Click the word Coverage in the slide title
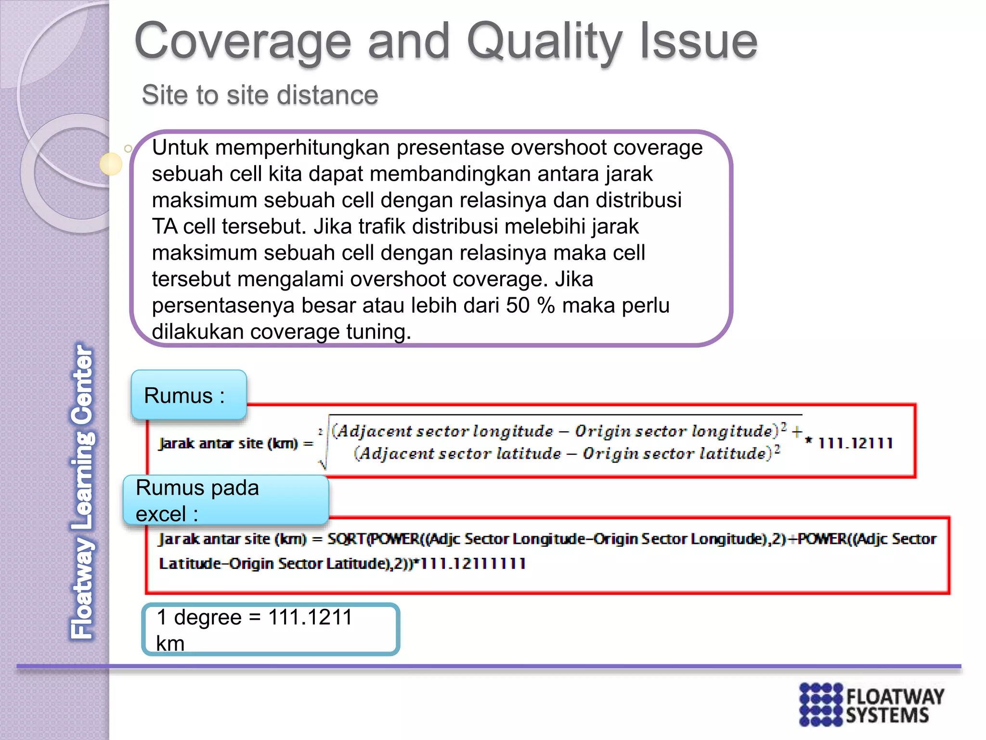pyautogui.click(x=243, y=42)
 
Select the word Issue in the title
pyautogui.click(x=698, y=42)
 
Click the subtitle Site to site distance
pyautogui.click(x=260, y=95)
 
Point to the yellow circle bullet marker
pyautogui.click(x=111, y=164)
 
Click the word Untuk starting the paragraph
pyautogui.click(x=180, y=147)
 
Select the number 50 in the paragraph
pyautogui.click(x=518, y=305)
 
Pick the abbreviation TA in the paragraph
pyautogui.click(x=165, y=226)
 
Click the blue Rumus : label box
pyautogui.click(x=189, y=395)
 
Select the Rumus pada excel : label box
pyautogui.click(x=225, y=500)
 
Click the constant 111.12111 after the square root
pyautogui.click(x=855, y=443)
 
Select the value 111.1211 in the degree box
pyautogui.click(x=310, y=617)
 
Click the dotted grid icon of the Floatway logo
pyautogui.click(x=821, y=704)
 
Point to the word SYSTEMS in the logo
pyautogui.click(x=887, y=715)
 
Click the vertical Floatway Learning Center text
pyautogui.click(x=83, y=491)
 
